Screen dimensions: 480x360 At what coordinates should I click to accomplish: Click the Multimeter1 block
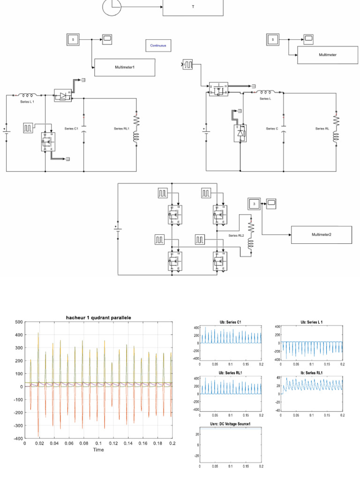click(125, 67)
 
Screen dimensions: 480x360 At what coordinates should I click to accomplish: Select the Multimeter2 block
click(322, 234)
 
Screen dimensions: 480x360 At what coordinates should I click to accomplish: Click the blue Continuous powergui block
click(158, 45)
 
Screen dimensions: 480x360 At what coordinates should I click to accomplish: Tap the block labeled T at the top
click(193, 7)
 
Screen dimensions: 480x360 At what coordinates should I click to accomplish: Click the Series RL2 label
click(237, 235)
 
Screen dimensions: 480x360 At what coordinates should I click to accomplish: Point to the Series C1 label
click(71, 128)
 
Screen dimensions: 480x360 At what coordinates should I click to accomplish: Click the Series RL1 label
click(121, 128)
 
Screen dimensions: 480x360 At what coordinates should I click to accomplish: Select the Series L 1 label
click(27, 101)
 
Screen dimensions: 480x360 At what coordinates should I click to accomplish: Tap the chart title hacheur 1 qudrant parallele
click(98, 317)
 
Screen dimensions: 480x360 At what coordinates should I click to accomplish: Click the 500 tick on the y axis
click(18, 322)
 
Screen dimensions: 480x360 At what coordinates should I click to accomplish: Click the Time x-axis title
click(98, 450)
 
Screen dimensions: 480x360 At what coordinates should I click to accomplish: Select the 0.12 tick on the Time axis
click(113, 443)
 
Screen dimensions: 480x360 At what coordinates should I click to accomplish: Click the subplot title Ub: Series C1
click(230, 322)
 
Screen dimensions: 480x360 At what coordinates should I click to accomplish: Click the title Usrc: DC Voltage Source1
click(230, 424)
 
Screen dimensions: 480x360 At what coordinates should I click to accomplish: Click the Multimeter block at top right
click(328, 55)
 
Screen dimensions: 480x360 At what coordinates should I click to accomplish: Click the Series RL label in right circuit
click(322, 128)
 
